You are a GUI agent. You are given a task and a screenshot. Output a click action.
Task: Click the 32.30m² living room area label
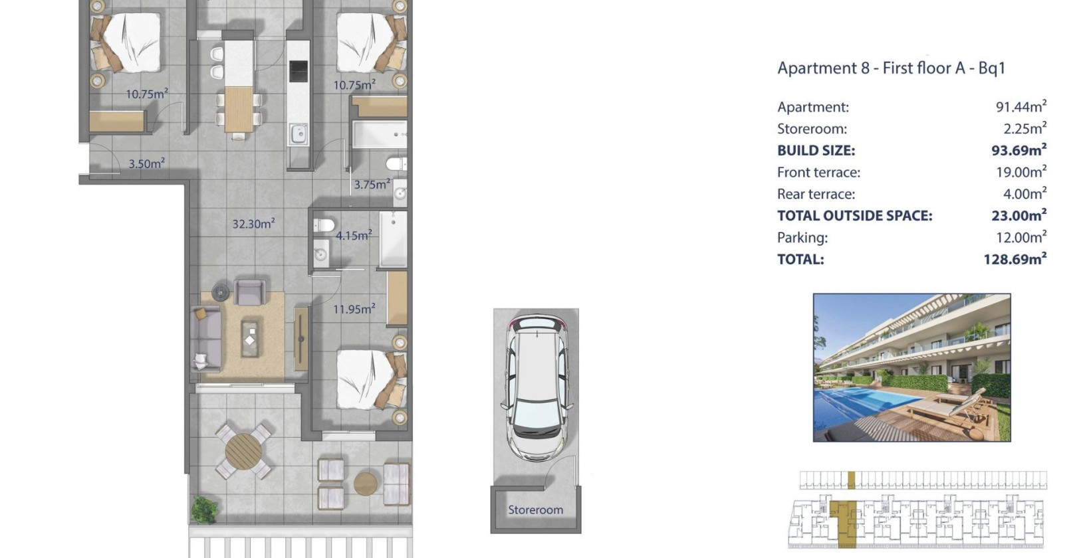coord(253,223)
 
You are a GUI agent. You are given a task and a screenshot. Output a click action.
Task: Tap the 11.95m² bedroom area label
coord(354,308)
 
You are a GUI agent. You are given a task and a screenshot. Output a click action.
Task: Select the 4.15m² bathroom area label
coord(354,235)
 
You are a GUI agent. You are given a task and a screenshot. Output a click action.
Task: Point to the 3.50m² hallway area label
coord(146,163)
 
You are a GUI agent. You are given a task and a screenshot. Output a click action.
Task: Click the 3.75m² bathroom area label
coord(372,184)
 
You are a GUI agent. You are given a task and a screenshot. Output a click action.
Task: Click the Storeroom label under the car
coord(535,510)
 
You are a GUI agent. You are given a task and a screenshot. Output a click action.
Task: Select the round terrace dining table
coord(243,451)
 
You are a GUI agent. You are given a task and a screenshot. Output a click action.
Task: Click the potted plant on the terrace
coord(204,510)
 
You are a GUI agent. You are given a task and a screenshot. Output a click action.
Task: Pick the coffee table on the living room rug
coord(250,339)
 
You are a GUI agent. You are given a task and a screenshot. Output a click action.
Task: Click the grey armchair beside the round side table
coord(249,292)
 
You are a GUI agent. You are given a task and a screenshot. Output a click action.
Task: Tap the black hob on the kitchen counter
coord(299,71)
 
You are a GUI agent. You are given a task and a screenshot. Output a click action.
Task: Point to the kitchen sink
coord(298,134)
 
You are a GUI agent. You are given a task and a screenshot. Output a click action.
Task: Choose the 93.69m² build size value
coord(1019,149)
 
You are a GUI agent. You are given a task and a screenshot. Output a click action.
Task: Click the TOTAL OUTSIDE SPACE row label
coord(855,216)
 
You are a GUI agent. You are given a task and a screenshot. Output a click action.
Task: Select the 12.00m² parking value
coord(1021,237)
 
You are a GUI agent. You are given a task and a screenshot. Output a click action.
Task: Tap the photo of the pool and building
coord(911,367)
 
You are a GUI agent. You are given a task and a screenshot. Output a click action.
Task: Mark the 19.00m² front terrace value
coord(1021,171)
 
